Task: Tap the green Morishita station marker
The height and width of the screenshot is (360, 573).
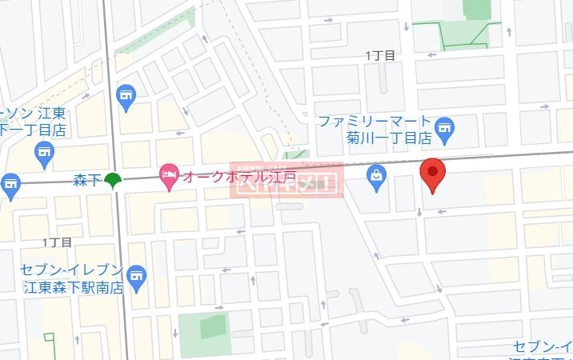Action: [x=114, y=179]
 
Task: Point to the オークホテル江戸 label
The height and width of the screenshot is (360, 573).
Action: [x=239, y=175]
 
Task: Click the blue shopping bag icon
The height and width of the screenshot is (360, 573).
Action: [x=376, y=178]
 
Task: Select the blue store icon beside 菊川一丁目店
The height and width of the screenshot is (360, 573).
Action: [x=444, y=126]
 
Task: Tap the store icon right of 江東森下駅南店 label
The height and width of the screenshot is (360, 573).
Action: [x=137, y=276]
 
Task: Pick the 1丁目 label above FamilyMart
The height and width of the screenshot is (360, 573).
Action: [x=379, y=55]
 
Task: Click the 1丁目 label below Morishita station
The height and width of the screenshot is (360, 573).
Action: [x=57, y=241]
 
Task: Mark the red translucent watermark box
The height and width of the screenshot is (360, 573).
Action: [x=286, y=180]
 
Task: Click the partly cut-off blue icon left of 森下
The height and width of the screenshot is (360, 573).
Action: [x=9, y=186]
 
